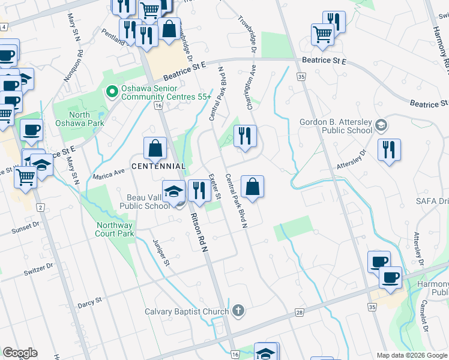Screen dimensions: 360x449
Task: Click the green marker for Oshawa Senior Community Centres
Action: [111, 92]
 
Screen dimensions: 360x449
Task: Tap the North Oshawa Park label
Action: [79, 119]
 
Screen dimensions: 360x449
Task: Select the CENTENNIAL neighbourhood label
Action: [158, 166]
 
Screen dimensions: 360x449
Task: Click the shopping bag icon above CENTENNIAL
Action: [155, 148]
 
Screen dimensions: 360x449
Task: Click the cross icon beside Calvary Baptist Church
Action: [238, 311]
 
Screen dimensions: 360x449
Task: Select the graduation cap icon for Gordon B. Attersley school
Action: [380, 125]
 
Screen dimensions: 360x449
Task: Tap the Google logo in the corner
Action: [20, 353]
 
